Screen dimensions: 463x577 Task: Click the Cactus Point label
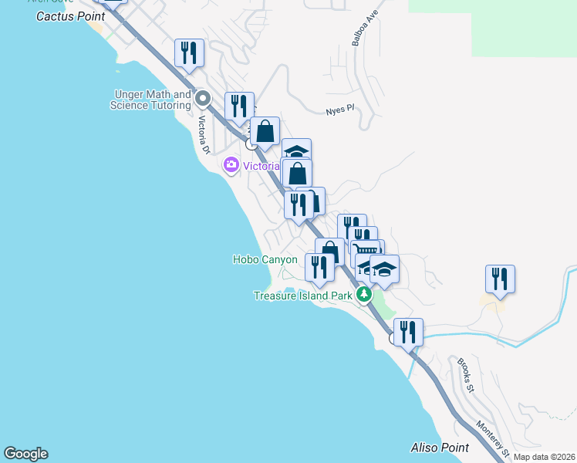coord(70,15)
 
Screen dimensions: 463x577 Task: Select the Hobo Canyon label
coord(265,260)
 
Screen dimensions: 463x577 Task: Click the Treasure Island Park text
coord(304,295)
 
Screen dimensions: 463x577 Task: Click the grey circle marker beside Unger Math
coord(203,98)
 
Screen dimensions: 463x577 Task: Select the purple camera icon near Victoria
coord(231,165)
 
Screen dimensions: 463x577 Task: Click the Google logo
coord(25,454)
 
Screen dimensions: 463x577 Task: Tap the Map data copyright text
coord(543,457)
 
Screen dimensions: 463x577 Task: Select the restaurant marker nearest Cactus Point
coord(189,52)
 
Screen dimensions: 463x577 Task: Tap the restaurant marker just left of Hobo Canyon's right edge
coord(319,267)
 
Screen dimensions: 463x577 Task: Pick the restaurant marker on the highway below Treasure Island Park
coord(408,332)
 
